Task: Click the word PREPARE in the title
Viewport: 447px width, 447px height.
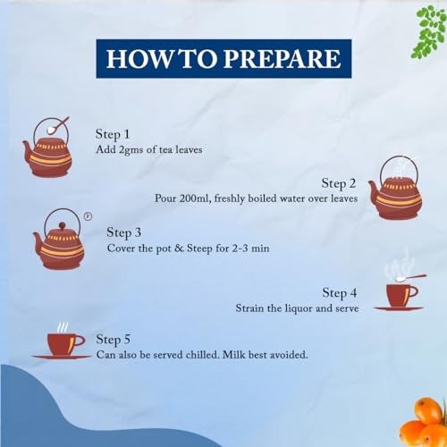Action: [x=282, y=59]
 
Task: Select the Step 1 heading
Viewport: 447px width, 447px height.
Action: [x=113, y=134]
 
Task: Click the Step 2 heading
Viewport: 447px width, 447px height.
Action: [x=339, y=183]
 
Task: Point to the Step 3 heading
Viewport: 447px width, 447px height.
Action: [x=124, y=233]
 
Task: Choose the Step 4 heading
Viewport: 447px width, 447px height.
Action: [x=340, y=293]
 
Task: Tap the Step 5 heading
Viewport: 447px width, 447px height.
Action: [x=114, y=340]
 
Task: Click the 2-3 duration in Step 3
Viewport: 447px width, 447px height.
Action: [x=240, y=249]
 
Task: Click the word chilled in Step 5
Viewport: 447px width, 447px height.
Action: [x=201, y=355]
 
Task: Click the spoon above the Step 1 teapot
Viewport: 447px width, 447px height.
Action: [x=58, y=125]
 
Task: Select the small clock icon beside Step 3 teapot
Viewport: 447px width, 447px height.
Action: [x=88, y=216]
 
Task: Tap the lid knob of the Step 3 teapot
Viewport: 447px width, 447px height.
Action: [x=62, y=225]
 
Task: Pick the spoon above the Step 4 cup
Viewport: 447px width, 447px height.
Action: [x=410, y=278]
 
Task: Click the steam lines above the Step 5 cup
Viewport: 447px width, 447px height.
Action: [x=63, y=327]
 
